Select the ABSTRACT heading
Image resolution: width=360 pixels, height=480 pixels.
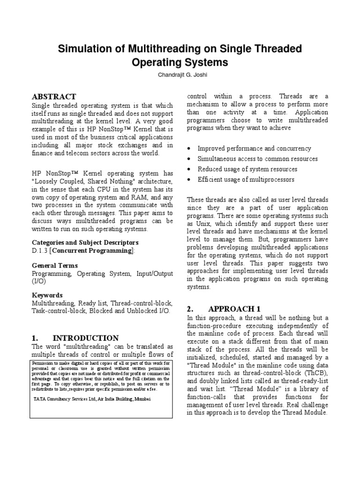point(54,97)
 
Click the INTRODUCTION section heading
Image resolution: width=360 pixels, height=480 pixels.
point(85,337)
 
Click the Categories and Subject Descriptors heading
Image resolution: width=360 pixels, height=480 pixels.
point(85,242)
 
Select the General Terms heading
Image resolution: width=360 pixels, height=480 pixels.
point(54,265)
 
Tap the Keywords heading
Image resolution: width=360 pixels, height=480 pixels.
point(47,295)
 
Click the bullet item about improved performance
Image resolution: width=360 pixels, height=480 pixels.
point(254,148)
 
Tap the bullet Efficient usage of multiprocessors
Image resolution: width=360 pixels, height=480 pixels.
point(246,179)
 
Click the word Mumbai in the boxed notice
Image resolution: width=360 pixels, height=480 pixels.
point(143,398)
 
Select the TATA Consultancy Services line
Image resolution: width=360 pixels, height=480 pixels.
point(93,398)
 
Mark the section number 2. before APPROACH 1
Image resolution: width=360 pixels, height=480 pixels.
point(190,308)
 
